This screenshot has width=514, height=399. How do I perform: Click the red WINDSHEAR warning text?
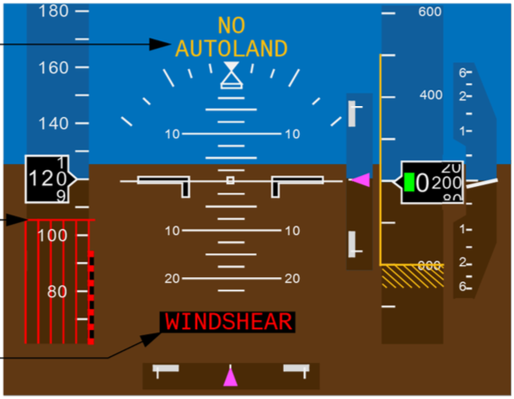pyautogui.click(x=228, y=322)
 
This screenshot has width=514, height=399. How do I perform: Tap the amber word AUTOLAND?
pyautogui.click(x=231, y=49)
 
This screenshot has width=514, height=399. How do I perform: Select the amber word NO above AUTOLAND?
pyautogui.click(x=231, y=26)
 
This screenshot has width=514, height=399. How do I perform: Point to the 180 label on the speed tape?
pyautogui.click(x=53, y=11)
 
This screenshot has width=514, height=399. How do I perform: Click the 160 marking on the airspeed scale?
pyautogui.click(x=53, y=67)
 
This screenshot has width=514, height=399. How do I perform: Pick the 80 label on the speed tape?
pyautogui.click(x=56, y=291)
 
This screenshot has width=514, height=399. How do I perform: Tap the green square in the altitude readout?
pyautogui.click(x=410, y=182)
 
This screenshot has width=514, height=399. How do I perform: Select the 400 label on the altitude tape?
pyautogui.click(x=431, y=94)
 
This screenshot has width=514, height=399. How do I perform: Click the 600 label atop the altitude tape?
pyautogui.click(x=431, y=12)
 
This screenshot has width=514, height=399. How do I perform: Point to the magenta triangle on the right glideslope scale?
pyautogui.click(x=361, y=179)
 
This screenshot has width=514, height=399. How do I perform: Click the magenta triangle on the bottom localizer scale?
pyautogui.click(x=230, y=376)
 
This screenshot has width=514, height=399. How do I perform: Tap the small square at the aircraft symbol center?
pyautogui.click(x=230, y=180)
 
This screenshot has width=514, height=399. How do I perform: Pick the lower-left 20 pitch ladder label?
pyautogui.click(x=172, y=279)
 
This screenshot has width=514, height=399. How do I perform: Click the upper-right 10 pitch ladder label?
pyautogui.click(x=292, y=134)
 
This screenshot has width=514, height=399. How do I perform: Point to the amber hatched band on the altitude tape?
pyautogui.click(x=413, y=277)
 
